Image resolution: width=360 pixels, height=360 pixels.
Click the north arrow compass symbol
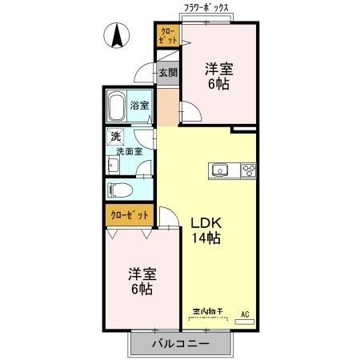(116, 35)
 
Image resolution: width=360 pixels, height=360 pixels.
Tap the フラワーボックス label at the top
(206, 7)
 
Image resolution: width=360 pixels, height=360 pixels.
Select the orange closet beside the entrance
(166, 37)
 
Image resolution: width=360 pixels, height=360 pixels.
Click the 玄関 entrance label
(167, 73)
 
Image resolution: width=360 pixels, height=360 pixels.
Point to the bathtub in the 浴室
(116, 106)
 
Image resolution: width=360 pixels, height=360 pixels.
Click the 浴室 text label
(140, 105)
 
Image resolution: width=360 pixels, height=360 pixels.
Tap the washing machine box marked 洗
(117, 137)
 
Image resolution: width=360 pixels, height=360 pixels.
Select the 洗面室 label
(129, 150)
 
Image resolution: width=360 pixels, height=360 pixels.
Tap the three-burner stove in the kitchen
(247, 170)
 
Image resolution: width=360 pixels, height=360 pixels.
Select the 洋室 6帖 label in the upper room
(217, 75)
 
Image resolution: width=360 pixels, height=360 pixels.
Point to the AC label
(246, 314)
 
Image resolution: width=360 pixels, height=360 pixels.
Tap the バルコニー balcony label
(181, 344)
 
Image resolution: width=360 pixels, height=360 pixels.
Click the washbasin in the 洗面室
(114, 166)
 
